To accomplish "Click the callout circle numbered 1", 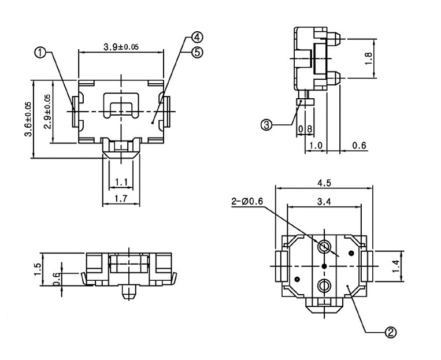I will click(40, 53).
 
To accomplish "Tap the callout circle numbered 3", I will click(266, 125).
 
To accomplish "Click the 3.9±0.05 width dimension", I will click(121, 46).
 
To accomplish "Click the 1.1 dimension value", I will click(121, 183).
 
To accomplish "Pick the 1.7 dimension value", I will click(121, 198).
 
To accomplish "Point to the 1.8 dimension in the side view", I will click(369, 58).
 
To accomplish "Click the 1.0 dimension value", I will click(316, 146).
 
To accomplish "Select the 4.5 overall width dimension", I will click(324, 183).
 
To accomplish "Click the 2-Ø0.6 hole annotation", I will click(247, 201).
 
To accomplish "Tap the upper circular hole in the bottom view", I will click(324, 247).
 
